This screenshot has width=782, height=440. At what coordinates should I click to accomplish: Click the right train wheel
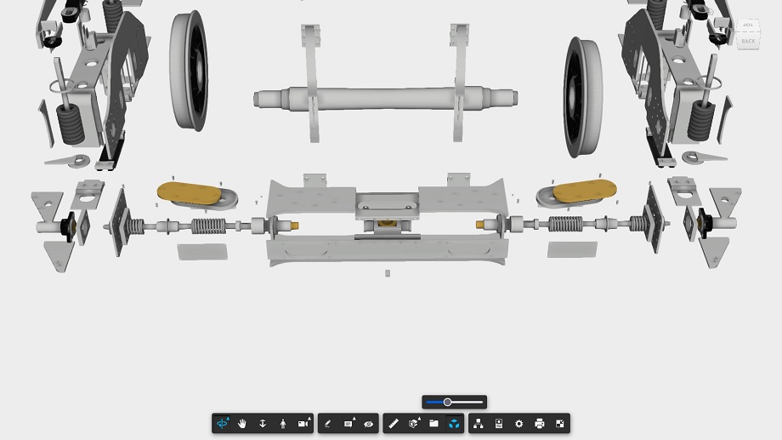click(x=583, y=96)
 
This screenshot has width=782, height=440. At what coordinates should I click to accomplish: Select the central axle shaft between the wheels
click(x=387, y=98)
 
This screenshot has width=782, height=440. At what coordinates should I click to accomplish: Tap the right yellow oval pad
click(x=576, y=192)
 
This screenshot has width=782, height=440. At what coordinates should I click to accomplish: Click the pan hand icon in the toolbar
click(x=242, y=423)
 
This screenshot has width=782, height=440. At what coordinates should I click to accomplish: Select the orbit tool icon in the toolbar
click(x=222, y=423)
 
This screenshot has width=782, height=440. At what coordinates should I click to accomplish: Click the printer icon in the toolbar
click(x=539, y=423)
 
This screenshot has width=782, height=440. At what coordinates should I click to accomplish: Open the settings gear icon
click(x=518, y=423)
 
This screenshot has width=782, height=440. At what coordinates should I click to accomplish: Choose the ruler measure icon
click(x=393, y=423)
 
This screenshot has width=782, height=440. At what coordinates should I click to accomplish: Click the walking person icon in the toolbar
click(x=283, y=423)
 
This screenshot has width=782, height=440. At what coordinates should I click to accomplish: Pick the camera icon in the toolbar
click(x=303, y=423)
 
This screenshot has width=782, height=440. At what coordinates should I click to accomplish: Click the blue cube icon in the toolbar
click(x=454, y=423)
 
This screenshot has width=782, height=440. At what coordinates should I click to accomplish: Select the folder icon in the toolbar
click(x=433, y=423)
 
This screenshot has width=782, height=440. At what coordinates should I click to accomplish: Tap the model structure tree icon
click(x=478, y=423)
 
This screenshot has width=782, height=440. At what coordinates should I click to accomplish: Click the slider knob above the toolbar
click(x=447, y=402)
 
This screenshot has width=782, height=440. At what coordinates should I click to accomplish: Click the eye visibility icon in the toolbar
click(x=369, y=423)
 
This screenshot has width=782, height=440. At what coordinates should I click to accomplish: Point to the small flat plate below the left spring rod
click(x=202, y=251)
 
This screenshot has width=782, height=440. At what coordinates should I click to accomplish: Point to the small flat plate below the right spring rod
click(x=572, y=249)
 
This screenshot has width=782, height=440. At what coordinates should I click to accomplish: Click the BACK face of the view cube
click(x=748, y=41)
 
